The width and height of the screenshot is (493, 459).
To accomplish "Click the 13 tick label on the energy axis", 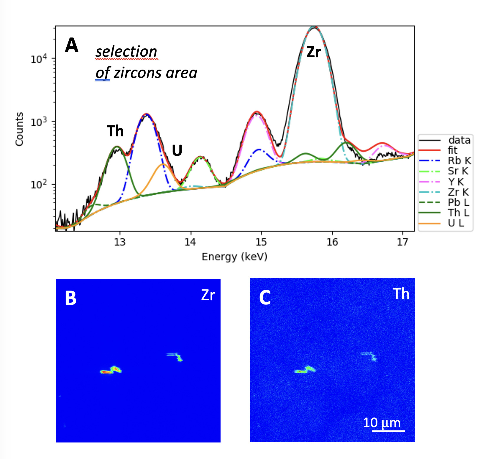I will [x=120, y=242].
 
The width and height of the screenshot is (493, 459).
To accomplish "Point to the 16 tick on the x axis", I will [x=332, y=242].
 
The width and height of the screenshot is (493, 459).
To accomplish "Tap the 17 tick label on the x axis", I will [x=402, y=242].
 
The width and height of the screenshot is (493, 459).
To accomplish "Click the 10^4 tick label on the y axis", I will [x=39, y=59].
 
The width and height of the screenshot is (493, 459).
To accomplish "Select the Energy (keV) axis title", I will [x=234, y=257].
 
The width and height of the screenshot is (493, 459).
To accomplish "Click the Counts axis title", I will [x=19, y=129].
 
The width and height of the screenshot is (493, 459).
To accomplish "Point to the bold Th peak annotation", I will [x=115, y=131].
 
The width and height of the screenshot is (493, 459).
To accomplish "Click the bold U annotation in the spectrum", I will [x=177, y=150].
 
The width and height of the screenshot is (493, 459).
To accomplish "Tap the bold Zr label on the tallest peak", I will [x=313, y=52].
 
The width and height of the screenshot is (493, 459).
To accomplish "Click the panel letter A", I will [x=72, y=45].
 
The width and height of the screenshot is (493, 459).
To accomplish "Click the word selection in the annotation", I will [x=126, y=52].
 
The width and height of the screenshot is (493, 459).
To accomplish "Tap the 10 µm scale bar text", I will [x=382, y=423].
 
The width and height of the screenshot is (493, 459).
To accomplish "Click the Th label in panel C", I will [x=401, y=294].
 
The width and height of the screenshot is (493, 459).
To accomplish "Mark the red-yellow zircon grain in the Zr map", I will [x=111, y=370].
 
